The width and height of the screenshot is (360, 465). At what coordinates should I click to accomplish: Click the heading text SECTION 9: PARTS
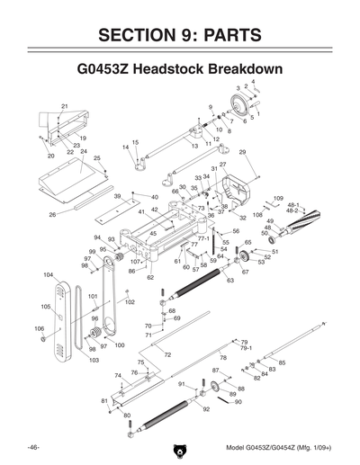tap(180, 35)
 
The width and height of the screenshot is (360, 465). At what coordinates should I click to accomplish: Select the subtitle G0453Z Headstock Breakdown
tap(180, 69)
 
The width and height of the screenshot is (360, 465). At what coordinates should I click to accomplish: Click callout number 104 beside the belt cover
tap(48, 273)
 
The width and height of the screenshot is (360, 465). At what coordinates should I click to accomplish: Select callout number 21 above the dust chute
tap(64, 107)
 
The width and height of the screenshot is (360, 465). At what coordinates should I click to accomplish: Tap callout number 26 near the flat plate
tap(52, 215)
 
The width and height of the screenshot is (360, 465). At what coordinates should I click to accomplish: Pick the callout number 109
tap(278, 198)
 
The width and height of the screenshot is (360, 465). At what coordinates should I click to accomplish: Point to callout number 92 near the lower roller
tap(206, 409)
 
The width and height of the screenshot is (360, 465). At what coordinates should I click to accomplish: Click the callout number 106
tap(39, 328)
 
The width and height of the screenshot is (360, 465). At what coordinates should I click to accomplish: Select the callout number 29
tap(242, 153)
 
